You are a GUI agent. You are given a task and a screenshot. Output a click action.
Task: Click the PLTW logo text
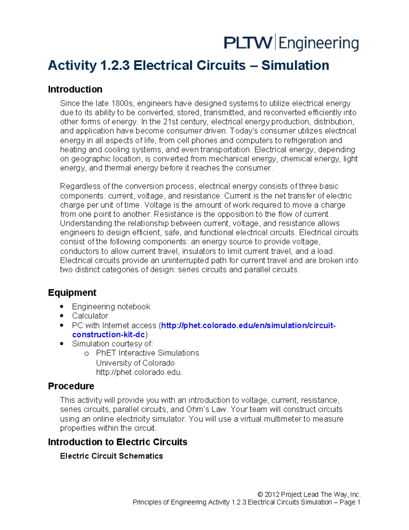[248, 43]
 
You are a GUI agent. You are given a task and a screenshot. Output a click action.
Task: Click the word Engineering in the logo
[319, 44]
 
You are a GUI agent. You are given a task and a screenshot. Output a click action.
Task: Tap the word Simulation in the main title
[295, 65]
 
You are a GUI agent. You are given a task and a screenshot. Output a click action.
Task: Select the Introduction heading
[75, 89]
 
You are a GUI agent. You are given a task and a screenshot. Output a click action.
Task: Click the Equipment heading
[72, 293]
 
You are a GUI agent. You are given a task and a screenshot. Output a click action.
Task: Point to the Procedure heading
[71, 386]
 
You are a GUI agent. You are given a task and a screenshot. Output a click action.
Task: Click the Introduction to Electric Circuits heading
[118, 442]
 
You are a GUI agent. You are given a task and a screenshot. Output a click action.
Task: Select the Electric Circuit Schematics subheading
[111, 456]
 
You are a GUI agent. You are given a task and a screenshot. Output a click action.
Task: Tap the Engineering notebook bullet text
[111, 307]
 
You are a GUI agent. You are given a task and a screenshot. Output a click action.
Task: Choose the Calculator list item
[90, 316]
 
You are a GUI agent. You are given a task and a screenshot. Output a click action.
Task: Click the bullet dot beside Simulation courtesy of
[62, 344]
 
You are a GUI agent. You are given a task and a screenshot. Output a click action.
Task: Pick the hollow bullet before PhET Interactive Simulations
[87, 354]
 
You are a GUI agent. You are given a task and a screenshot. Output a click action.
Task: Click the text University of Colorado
[135, 363]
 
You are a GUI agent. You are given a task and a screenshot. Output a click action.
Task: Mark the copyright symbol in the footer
[260, 495]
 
